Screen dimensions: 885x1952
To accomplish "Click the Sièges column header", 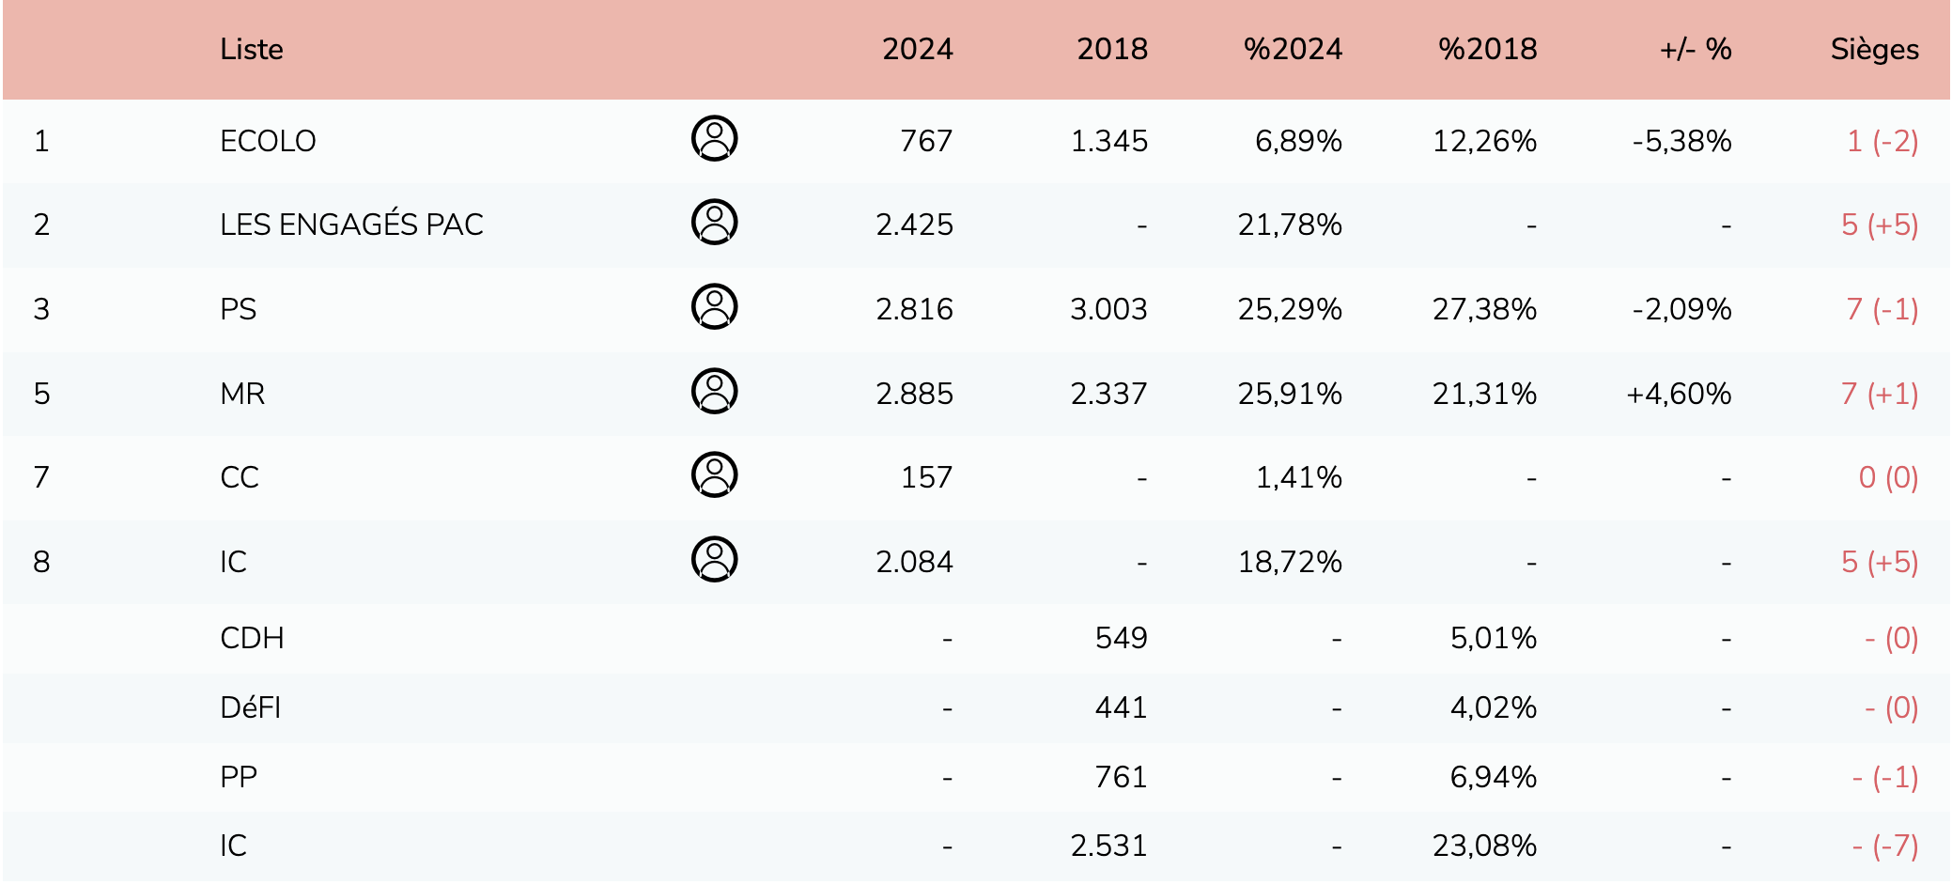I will pyautogui.click(x=1874, y=49).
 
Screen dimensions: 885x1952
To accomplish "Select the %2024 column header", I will pyautogui.click(x=1293, y=49).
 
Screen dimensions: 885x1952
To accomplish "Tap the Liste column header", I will pyautogui.click(x=252, y=49).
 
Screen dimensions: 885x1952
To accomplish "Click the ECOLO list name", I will pyautogui.click(x=268, y=141).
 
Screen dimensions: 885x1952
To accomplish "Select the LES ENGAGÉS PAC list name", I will pyautogui.click(x=351, y=225).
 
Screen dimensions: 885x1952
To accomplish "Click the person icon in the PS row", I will pyautogui.click(x=714, y=307).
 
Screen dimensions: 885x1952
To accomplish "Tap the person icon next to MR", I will pyautogui.click(x=714, y=392).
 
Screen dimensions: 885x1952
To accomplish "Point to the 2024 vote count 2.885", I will pyautogui.click(x=914, y=394).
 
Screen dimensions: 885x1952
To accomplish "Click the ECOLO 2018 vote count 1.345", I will pyautogui.click(x=1108, y=141).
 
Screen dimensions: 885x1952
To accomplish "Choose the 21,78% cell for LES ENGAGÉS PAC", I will pyautogui.click(x=1289, y=225).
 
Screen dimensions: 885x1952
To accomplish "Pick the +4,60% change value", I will pyautogui.click(x=1679, y=394).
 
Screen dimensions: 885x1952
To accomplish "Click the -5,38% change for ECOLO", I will pyautogui.click(x=1681, y=141).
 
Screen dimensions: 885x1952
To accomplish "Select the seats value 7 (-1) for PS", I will pyautogui.click(x=1882, y=309).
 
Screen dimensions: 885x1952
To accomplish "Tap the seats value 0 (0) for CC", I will pyautogui.click(x=1888, y=477).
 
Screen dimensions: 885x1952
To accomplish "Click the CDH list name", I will pyautogui.click(x=252, y=638).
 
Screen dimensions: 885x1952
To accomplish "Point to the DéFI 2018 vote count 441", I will pyautogui.click(x=1121, y=707).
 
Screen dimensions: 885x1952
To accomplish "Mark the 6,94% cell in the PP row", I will pyautogui.click(x=1493, y=777).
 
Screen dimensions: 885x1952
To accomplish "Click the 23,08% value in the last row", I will pyautogui.click(x=1484, y=846).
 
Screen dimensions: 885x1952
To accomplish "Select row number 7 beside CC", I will pyautogui.click(x=41, y=477).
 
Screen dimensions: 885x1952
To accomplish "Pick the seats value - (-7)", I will pyautogui.click(x=1884, y=846).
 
